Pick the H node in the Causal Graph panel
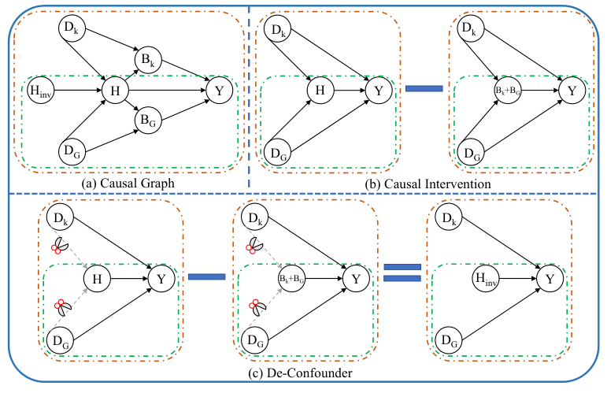click(x=114, y=91)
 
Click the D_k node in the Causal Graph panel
click(x=72, y=30)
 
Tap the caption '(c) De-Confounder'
click(x=302, y=372)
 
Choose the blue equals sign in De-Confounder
click(x=402, y=273)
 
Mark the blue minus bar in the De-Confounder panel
click(x=207, y=276)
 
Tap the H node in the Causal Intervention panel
click(x=320, y=91)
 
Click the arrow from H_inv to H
click(x=76, y=91)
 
